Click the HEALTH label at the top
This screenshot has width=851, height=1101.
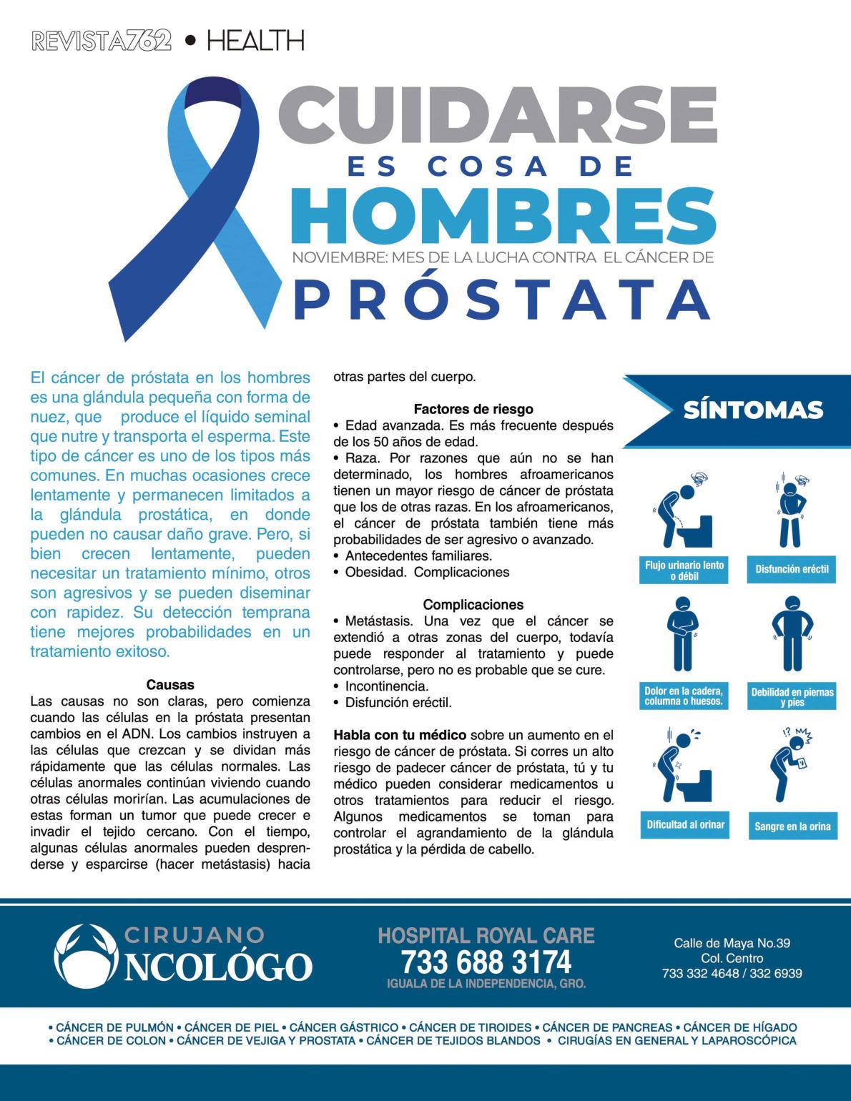(255, 41)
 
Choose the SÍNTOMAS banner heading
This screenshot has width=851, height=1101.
(753, 410)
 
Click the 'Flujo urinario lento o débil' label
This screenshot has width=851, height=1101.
(684, 570)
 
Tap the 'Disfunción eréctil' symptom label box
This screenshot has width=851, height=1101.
(792, 570)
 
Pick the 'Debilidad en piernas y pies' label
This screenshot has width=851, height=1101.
(792, 696)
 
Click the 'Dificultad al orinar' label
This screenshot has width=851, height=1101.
(685, 824)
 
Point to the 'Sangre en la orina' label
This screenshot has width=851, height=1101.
(792, 826)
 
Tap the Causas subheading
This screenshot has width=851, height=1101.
(170, 685)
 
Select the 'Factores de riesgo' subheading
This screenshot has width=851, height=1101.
(473, 410)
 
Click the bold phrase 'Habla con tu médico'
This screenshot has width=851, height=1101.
(400, 735)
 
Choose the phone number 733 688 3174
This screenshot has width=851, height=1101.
(486, 959)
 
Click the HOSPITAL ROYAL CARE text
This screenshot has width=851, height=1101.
(486, 934)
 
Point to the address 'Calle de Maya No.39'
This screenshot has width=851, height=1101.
(732, 943)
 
